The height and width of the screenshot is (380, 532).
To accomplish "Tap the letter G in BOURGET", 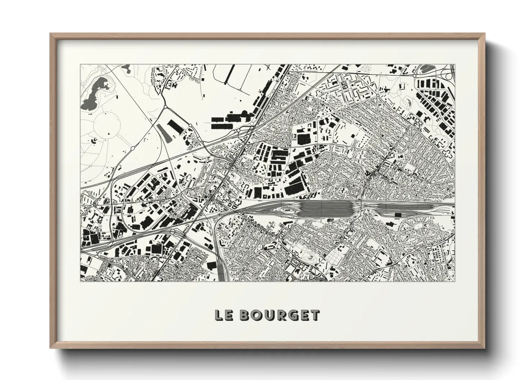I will (x=293, y=315).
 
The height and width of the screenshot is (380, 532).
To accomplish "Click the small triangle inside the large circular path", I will (x=108, y=133).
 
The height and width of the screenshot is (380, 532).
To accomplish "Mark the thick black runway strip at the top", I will (x=230, y=74).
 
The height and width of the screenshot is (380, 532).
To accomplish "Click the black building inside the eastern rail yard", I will (x=398, y=215).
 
